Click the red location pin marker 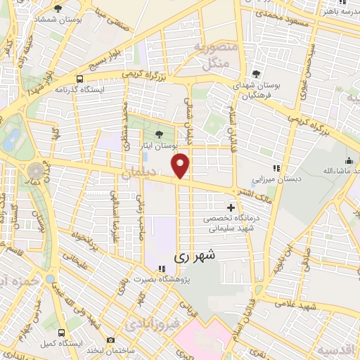(x=181, y=165)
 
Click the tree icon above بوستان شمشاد (x=58, y=8)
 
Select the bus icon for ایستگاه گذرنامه (x=80, y=79)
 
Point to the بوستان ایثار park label (x=157, y=145)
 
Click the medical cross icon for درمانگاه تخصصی (x=231, y=207)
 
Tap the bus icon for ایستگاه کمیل (x=62, y=332)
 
